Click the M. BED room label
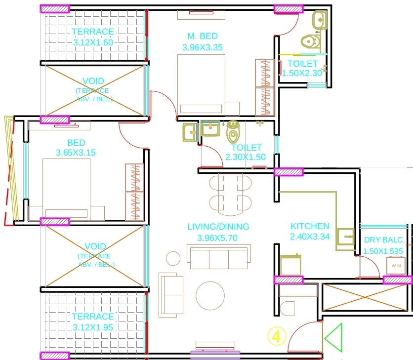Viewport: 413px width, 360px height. pos(203,36)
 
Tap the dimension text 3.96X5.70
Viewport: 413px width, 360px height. pos(218,238)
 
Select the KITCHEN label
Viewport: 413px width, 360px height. pos(310,226)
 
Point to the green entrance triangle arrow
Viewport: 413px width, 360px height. pos(333,338)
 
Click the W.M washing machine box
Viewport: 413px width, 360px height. pos(396,266)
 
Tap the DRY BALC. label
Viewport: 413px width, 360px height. pos(384,240)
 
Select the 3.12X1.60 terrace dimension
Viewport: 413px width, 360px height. pos(93,42)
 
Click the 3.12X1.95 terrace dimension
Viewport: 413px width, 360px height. pos(93,327)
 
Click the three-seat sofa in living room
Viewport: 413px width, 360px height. pos(218,256)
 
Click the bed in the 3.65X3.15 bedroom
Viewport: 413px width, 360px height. pos(66,188)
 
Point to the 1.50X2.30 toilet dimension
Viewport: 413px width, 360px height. pos(302,73)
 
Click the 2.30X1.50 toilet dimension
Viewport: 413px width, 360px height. pos(246,158)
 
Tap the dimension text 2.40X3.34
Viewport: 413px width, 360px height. pos(310,237)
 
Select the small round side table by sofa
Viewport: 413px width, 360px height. pos(173,258)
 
